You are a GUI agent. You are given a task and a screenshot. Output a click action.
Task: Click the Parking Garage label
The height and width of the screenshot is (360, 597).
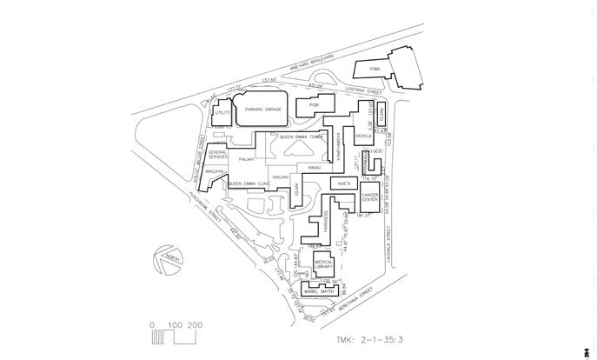pos(266,110)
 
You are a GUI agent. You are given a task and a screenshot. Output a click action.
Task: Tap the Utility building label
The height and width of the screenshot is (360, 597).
pos(223,113)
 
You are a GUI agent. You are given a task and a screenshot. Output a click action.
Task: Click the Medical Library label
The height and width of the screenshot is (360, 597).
pos(325,264)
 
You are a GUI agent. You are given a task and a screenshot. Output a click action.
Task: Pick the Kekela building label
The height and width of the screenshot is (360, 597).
pos(364,137)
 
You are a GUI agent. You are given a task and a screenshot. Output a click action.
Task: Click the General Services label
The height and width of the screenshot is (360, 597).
pos(218,155)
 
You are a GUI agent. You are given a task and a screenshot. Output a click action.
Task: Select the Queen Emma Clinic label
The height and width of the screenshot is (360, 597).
pos(248,184)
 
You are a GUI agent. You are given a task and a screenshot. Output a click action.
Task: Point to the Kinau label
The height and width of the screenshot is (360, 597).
pos(315,166)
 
